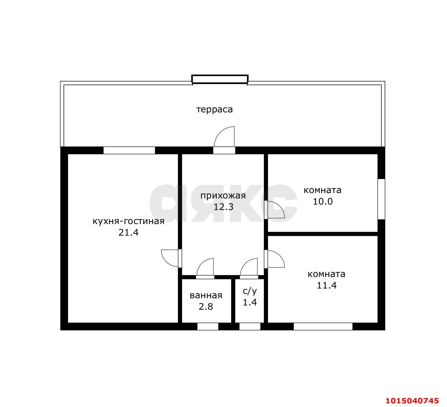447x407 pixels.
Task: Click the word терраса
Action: click(214, 109)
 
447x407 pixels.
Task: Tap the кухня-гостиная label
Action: click(129, 222)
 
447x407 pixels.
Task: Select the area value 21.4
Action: click(129, 233)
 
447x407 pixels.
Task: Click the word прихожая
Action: click(223, 196)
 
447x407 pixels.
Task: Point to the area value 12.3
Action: click(224, 207)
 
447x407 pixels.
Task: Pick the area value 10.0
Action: click(323, 201)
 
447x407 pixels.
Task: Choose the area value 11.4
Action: click(327, 285)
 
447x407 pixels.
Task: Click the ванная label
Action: click(206, 296)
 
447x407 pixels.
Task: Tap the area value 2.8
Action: click(206, 307)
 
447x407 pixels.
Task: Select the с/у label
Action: click(250, 291)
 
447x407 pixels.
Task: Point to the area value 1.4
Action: click(250, 303)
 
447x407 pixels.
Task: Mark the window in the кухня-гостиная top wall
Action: click(129, 150)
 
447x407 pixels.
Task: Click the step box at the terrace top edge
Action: click(220, 79)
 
